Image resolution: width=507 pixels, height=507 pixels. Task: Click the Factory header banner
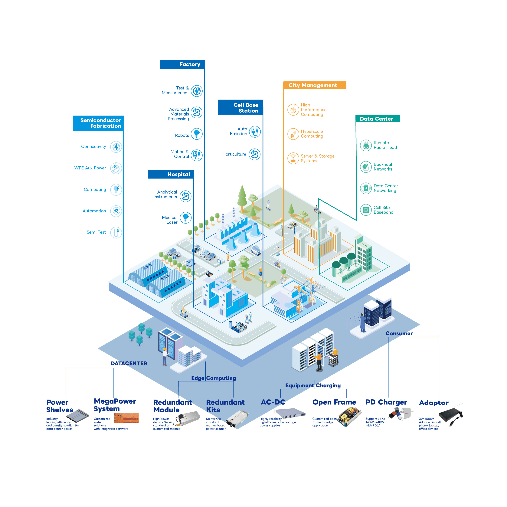(x=182, y=64)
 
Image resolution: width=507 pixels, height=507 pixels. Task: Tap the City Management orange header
(x=315, y=85)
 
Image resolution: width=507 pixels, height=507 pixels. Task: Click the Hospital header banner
(x=171, y=174)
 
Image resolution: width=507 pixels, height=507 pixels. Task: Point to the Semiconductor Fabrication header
(x=98, y=123)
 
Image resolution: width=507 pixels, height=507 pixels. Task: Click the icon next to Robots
(x=197, y=134)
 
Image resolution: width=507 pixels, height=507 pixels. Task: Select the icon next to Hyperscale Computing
(x=293, y=134)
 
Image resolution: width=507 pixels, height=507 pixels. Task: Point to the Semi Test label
(x=96, y=232)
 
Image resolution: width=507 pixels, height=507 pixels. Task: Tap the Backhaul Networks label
(x=383, y=167)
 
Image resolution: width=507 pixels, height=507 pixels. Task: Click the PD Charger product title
(x=386, y=402)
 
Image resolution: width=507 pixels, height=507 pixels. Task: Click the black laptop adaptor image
(x=451, y=415)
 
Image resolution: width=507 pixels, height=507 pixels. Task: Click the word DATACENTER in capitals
(x=129, y=363)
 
